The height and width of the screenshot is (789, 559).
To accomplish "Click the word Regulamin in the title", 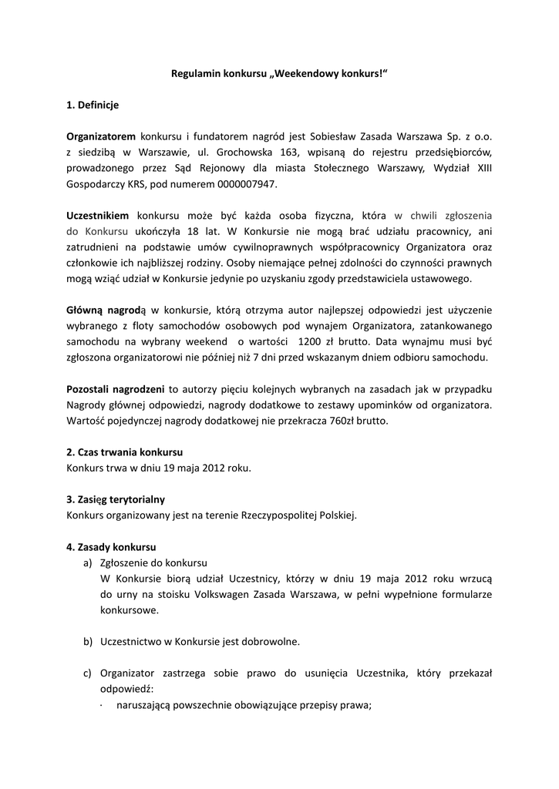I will coord(195,73).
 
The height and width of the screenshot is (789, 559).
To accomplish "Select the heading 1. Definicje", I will coord(93,104).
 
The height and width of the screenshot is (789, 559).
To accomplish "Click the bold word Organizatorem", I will coord(101,136).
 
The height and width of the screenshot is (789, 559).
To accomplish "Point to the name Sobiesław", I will coord(318,136).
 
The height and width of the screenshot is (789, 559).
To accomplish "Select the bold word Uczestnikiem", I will coord(98,216).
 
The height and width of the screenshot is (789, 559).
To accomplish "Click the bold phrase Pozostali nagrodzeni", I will coord(116,389).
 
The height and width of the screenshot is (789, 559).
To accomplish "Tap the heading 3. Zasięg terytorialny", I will coord(116,499).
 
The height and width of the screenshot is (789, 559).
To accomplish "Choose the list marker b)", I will coord(88,641).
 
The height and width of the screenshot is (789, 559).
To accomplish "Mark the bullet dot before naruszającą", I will coord(103,704).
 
